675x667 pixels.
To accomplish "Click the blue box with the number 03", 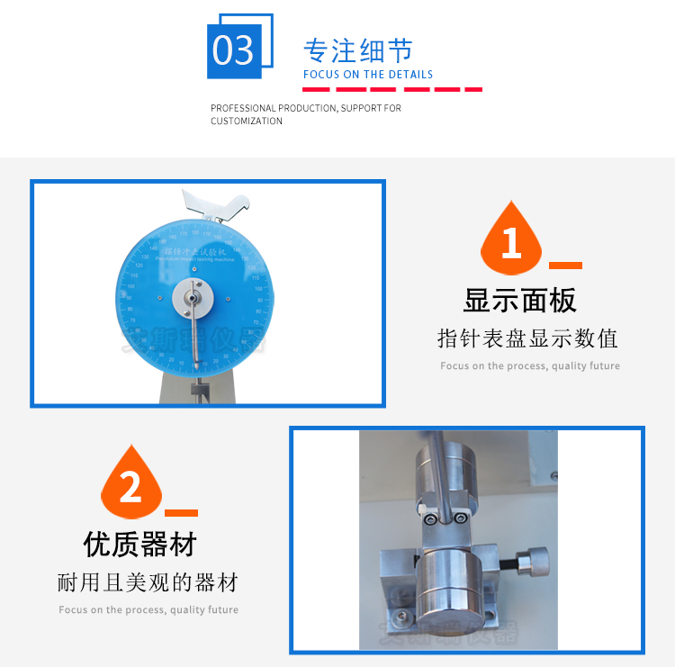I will (234, 50).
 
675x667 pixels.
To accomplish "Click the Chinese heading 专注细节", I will (358, 50).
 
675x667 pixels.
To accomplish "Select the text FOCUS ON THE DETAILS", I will (368, 75).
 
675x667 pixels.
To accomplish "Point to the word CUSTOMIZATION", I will (247, 121).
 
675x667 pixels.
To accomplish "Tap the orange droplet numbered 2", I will (131, 487).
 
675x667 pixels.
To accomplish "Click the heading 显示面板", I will (519, 300).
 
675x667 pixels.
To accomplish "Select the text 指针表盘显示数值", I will (527, 338).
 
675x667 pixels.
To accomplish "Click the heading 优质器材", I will (139, 544).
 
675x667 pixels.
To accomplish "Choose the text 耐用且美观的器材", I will (148, 582).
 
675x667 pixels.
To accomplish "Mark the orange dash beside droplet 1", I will (565, 266).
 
